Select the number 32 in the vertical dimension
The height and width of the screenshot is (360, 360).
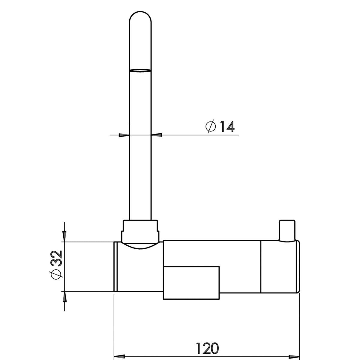56,258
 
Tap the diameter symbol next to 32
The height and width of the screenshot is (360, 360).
56,274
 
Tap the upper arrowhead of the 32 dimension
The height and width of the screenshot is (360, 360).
64,236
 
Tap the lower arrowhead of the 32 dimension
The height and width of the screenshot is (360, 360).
64,297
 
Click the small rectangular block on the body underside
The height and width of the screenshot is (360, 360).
191,283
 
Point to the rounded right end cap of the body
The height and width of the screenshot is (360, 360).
298,266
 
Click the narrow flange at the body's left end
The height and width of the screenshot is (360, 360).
115,266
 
